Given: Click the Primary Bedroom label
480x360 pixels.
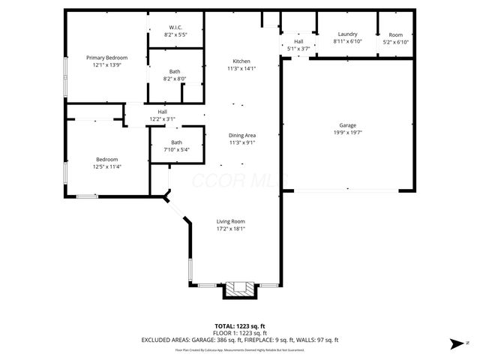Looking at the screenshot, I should [106, 58].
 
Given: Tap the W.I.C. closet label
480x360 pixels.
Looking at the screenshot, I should [175, 28].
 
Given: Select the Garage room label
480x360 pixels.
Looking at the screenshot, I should [347, 125].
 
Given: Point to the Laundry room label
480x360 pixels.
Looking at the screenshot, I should [347, 34].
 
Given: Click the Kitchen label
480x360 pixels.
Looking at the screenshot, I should [241, 61].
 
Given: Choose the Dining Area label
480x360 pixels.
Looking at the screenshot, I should [241, 135].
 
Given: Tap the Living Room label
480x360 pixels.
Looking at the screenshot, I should [231, 221].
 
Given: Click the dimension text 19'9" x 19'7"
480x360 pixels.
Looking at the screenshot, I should [347, 132].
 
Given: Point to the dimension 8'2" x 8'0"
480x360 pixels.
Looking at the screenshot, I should [175, 79].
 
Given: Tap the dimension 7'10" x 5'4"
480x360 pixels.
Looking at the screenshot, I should [176, 149].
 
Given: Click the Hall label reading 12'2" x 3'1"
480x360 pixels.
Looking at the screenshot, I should [162, 118].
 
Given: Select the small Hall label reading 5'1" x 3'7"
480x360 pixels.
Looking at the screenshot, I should [298, 49].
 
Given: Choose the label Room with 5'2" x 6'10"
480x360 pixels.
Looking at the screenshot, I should [395, 41].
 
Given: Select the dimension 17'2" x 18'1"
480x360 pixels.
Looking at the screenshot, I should [231, 229].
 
